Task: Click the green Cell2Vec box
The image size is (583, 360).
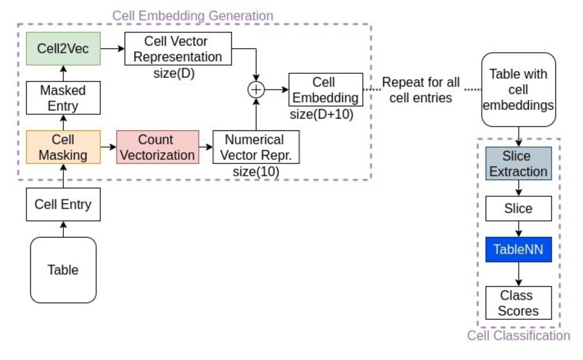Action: [63, 48]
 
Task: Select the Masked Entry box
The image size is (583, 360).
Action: [63, 98]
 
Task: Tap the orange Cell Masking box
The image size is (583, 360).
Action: [63, 147]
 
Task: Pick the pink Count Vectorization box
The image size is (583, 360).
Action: [157, 147]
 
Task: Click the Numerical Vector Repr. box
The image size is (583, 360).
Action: [256, 147]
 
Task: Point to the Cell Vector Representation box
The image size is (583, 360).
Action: [178, 49]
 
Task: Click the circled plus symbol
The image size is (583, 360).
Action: [256, 90]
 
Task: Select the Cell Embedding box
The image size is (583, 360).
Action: [325, 90]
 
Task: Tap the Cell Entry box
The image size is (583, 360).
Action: [63, 204]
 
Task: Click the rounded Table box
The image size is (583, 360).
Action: [63, 270]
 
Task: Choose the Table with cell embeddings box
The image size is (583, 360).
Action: [518, 90]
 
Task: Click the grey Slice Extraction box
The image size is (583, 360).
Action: [518, 163]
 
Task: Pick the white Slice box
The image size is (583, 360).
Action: [518, 209]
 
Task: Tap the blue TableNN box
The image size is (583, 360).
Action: [518, 249]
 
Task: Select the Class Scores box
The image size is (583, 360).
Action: [518, 303]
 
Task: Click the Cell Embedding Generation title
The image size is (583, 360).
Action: [192, 16]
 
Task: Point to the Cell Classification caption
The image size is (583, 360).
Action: [518, 335]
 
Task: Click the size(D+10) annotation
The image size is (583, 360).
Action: [321, 114]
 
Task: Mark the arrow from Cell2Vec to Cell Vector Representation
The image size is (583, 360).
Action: [112, 48]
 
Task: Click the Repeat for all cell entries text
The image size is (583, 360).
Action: [421, 90]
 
